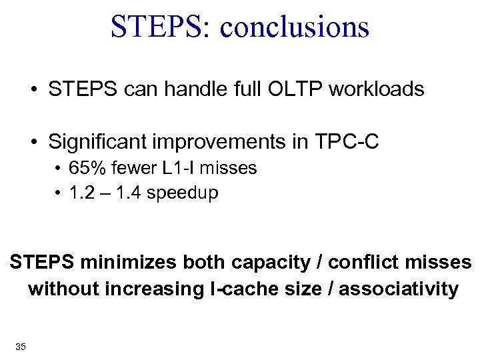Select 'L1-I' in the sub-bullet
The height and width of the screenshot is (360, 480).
coord(184,168)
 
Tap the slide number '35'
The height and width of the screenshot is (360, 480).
coord(20,346)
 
